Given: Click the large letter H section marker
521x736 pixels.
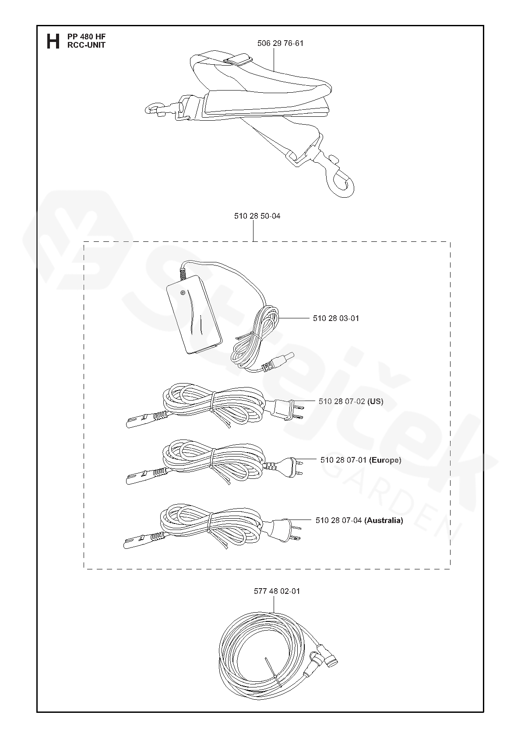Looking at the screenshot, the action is (x=53, y=41).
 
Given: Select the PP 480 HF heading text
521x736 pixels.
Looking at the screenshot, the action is (x=87, y=37).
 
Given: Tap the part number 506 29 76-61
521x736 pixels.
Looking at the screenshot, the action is (x=280, y=43).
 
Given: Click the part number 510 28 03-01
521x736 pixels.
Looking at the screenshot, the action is (x=336, y=318).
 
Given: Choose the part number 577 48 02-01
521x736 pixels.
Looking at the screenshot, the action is (x=277, y=591).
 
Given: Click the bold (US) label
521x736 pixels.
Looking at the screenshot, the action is (x=375, y=401).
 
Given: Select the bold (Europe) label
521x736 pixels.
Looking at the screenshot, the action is (x=385, y=460).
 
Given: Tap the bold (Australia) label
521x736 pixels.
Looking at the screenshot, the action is (x=384, y=520).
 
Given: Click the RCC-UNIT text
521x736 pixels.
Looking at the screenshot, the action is (x=86, y=45).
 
